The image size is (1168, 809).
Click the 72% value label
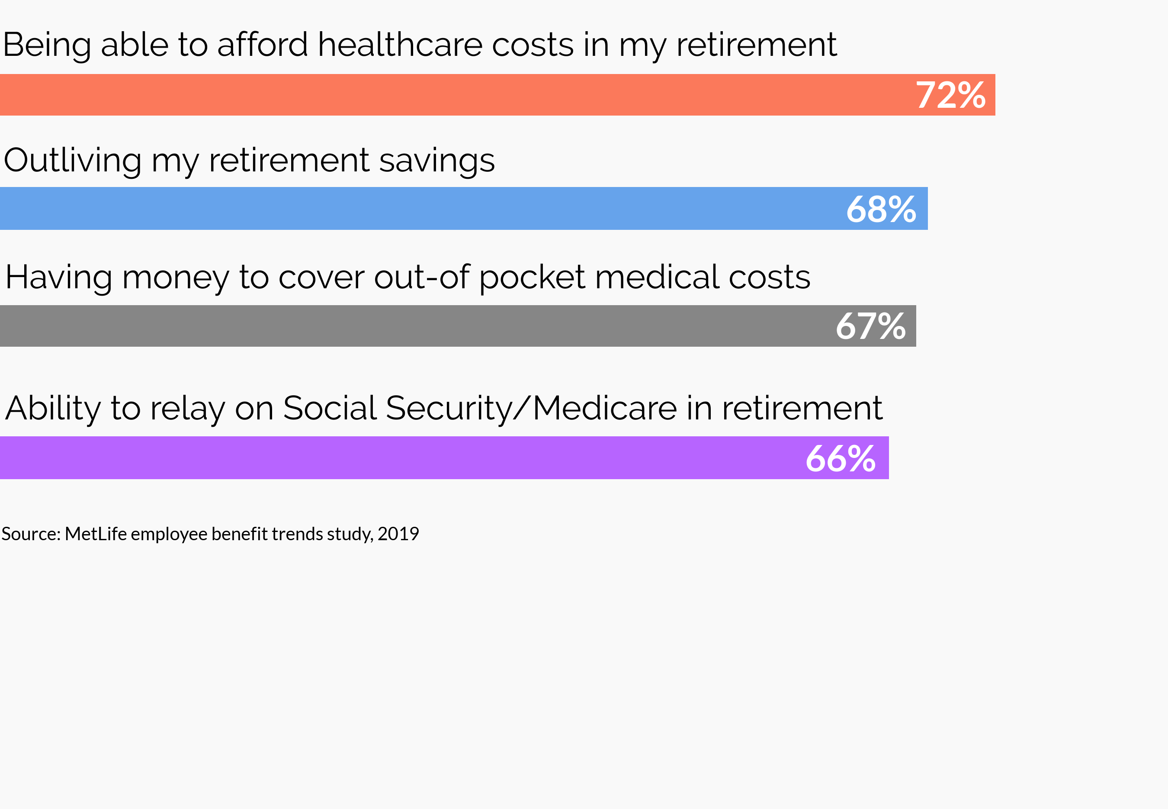click(x=950, y=95)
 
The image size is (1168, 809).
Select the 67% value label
click(x=870, y=326)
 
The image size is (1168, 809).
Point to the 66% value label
click(x=840, y=459)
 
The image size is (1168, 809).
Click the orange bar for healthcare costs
click(x=456, y=95)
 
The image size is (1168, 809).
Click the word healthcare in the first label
click(x=400, y=45)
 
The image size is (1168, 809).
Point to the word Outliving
click(x=72, y=160)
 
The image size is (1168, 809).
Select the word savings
click(x=436, y=161)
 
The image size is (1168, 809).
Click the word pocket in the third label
click(x=532, y=277)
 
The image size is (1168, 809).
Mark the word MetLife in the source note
click(x=96, y=534)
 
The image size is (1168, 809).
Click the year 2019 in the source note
click(x=398, y=534)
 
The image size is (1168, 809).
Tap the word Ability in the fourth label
click(x=53, y=409)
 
